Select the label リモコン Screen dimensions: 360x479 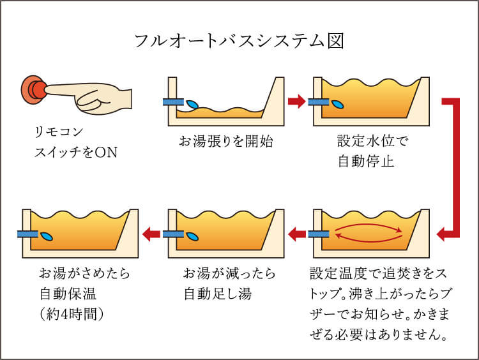59,132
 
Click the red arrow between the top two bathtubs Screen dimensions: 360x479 296,101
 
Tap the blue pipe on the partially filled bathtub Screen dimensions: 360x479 172,101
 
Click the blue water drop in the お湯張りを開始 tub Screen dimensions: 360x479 192,103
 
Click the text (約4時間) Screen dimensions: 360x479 72,315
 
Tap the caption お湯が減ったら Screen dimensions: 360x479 229,274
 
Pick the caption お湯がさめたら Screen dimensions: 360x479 84,274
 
